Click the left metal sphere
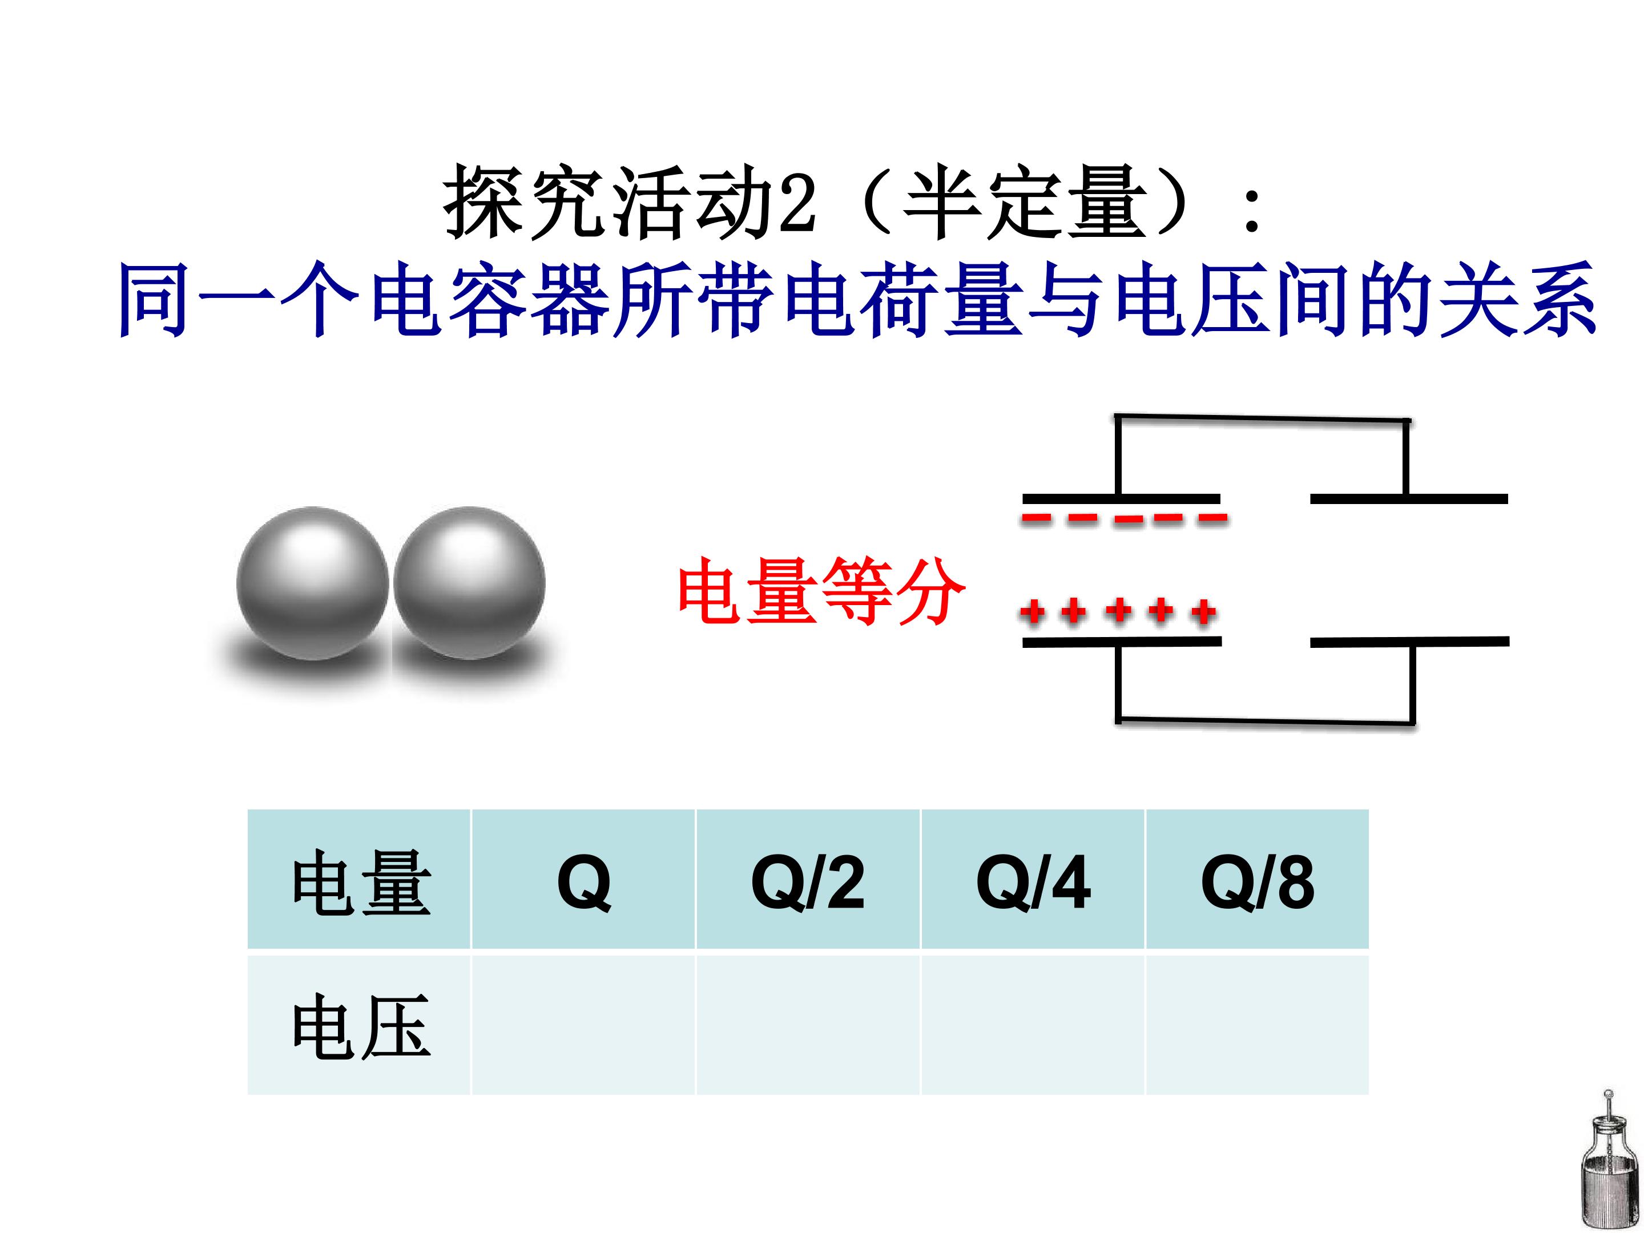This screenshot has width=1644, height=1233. click(312, 583)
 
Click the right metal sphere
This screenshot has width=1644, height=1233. click(469, 583)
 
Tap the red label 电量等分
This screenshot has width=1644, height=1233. click(821, 591)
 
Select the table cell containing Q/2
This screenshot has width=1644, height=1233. click(808, 879)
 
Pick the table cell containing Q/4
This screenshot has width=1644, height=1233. click(1033, 879)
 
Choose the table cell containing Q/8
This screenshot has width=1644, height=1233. click(1258, 879)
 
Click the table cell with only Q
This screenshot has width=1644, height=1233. click(583, 879)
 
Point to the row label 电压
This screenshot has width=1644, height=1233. click(361, 1026)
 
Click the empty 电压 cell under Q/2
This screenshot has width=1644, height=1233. click(808, 1024)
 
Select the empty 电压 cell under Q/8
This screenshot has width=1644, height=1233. click(1258, 1024)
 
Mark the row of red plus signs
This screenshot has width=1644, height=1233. click(1118, 612)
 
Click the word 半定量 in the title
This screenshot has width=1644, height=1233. click(1024, 202)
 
